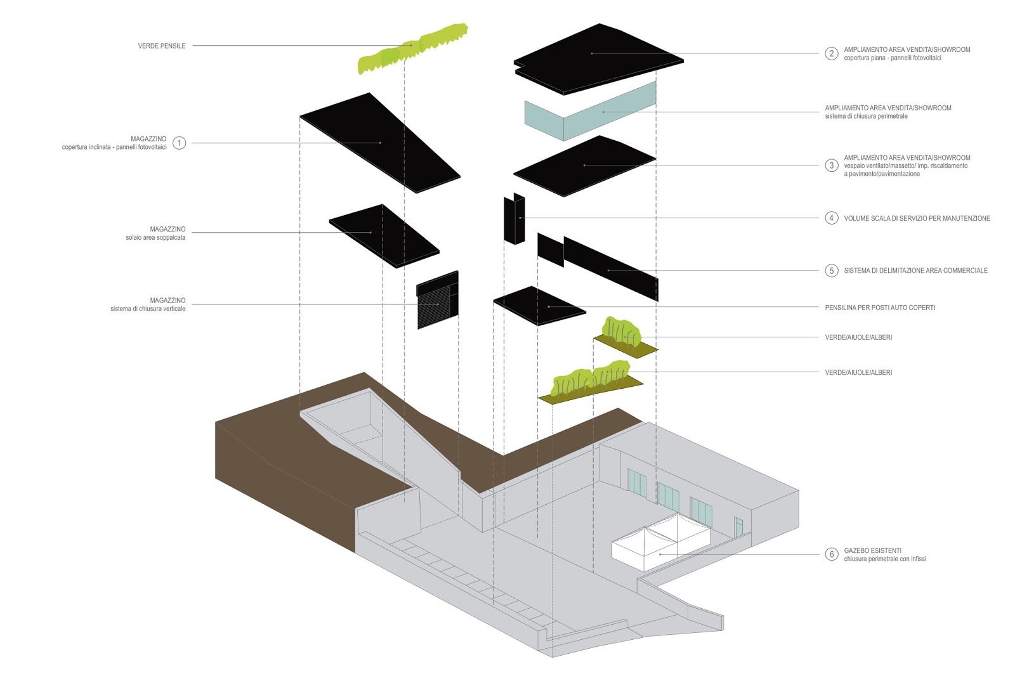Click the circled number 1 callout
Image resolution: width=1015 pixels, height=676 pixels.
(x=180, y=143)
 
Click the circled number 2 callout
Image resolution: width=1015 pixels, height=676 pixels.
(x=832, y=53)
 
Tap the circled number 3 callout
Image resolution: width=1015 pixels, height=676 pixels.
(x=832, y=166)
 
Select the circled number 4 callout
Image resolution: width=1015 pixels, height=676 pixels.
(x=832, y=218)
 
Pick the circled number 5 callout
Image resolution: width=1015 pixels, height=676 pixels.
(x=832, y=271)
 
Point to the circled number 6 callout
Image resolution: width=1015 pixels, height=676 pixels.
(x=832, y=554)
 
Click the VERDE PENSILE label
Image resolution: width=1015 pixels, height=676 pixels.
(x=162, y=46)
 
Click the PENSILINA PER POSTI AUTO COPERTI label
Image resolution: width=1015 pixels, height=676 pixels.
(x=880, y=308)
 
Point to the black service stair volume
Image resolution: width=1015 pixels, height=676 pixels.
(x=514, y=219)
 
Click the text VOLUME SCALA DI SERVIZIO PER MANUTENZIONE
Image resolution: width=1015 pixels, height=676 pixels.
(x=917, y=218)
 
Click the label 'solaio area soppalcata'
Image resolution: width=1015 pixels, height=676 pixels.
(x=155, y=238)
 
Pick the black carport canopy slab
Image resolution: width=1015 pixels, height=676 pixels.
(x=539, y=306)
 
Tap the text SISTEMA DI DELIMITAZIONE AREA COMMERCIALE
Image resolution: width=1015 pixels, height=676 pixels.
(x=915, y=271)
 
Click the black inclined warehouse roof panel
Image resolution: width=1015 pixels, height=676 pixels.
(x=381, y=143)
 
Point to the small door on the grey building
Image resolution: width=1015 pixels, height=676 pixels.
(x=738, y=526)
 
